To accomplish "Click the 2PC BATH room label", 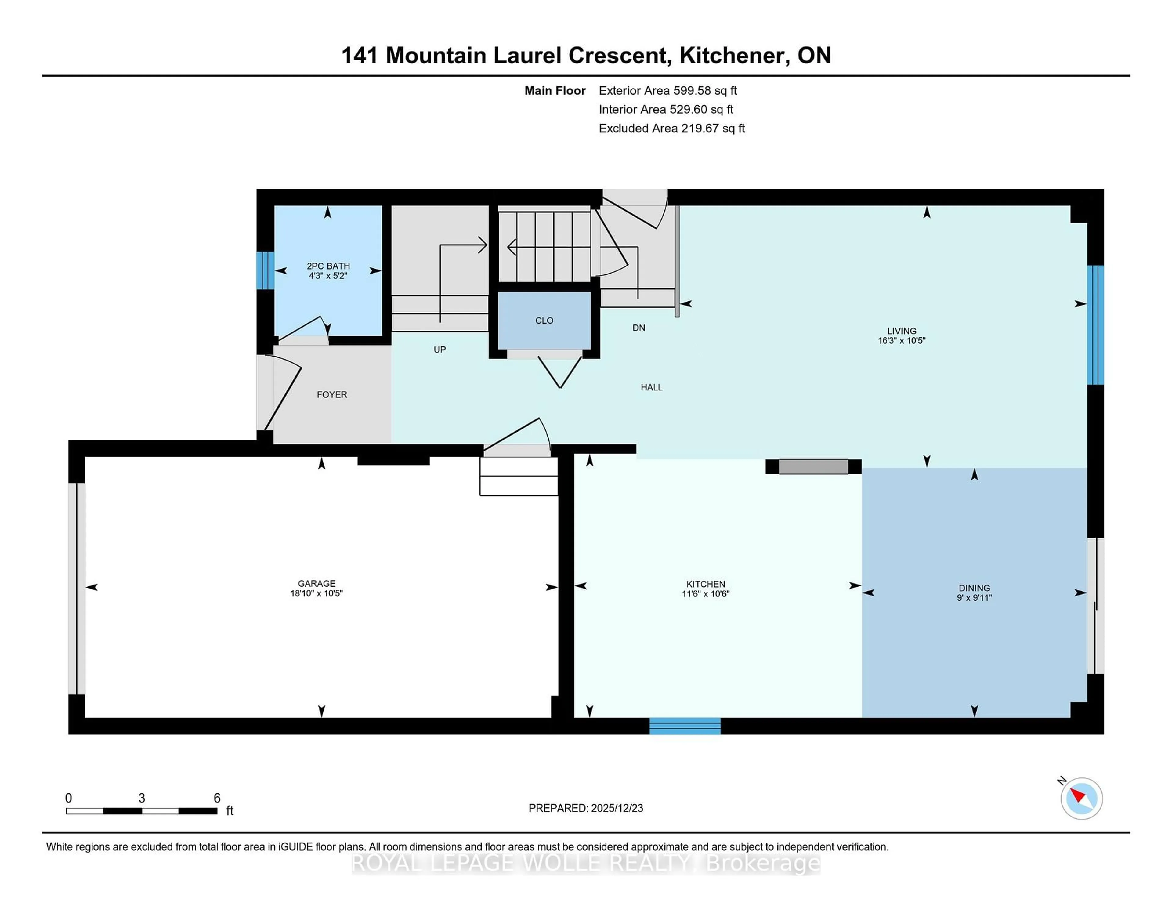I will point(328,266).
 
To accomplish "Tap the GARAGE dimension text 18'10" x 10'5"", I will point(316,593).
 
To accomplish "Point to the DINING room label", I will point(974,588).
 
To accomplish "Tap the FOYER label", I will point(332,394).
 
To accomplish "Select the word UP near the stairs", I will point(440,350).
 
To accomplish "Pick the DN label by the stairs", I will point(638,328).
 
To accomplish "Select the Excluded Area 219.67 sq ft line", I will point(671,128).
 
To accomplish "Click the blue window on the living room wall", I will point(1095,325).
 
